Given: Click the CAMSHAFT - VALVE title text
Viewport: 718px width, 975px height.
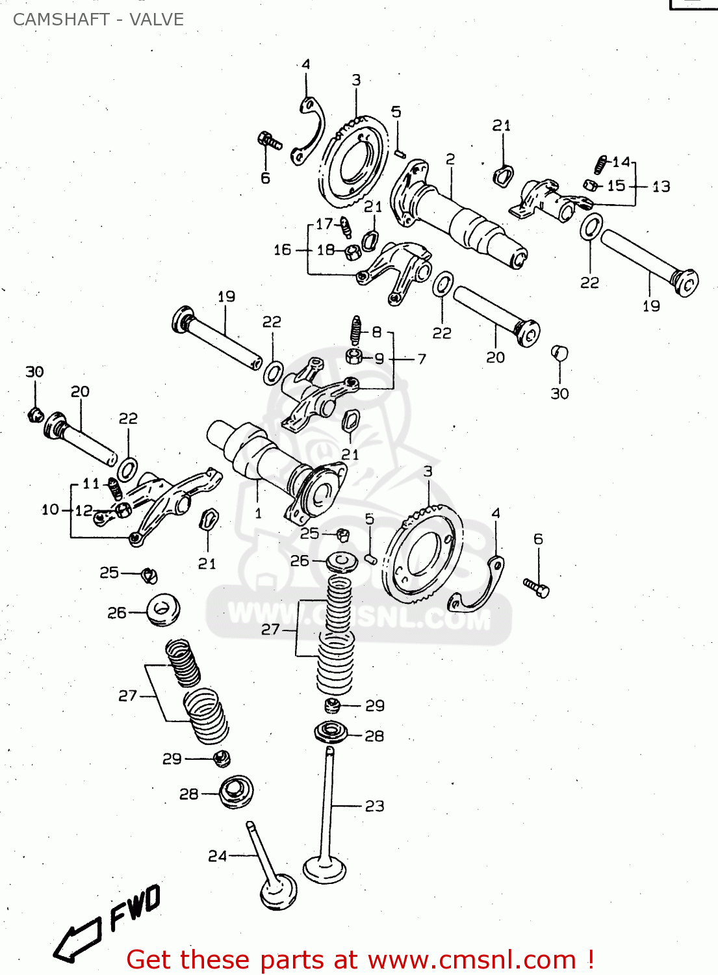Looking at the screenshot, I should [x=98, y=19].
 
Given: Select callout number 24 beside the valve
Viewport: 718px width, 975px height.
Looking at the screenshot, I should [x=217, y=856].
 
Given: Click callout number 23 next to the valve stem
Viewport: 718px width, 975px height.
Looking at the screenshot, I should [x=374, y=806].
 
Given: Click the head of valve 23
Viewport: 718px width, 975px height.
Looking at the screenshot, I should [x=324, y=870].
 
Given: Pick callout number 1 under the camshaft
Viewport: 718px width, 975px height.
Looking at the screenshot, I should [x=258, y=513].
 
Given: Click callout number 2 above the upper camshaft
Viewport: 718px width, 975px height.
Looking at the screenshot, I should [x=450, y=159].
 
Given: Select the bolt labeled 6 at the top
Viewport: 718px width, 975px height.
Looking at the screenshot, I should [x=269, y=140].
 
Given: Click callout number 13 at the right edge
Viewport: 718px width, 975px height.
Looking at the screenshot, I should [x=661, y=187].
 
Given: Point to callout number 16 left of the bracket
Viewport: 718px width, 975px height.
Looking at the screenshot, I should [x=283, y=250].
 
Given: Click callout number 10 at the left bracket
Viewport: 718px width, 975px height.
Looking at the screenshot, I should [x=50, y=510].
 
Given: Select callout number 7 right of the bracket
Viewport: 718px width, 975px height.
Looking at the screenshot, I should [x=422, y=359].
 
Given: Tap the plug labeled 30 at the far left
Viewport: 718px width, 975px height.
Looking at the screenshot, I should [x=36, y=414].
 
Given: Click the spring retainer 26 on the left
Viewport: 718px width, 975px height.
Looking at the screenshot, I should [x=162, y=610].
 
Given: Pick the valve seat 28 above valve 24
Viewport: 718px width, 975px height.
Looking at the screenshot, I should [x=235, y=792].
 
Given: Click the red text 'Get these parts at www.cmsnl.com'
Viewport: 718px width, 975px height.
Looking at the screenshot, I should [x=360, y=959].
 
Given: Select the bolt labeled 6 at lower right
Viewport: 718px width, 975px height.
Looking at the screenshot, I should [x=537, y=588].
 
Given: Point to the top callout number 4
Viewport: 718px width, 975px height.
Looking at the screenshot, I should [x=305, y=64].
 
